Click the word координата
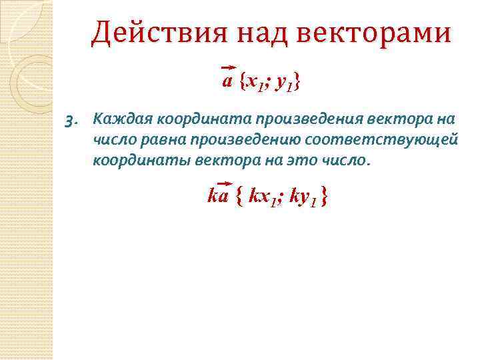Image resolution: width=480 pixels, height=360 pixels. (194, 119)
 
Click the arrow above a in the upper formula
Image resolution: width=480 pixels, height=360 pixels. (228, 69)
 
